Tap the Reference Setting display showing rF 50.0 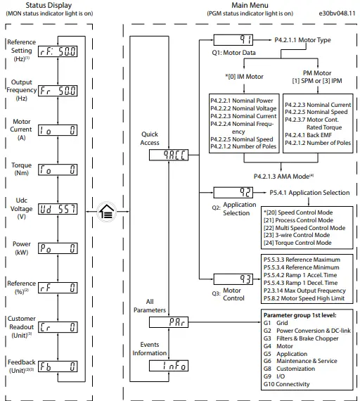click(x=58, y=51)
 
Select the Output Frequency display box click(x=58, y=91)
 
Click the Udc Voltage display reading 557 click(x=58, y=209)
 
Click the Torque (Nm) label click(x=20, y=170)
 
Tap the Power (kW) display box click(x=58, y=248)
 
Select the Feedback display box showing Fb click(x=58, y=367)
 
